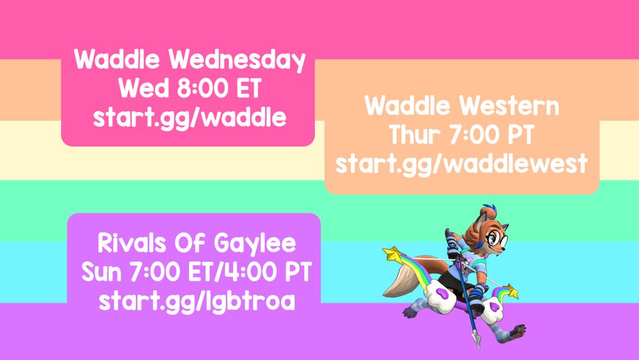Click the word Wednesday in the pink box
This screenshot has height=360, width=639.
pos(237,60)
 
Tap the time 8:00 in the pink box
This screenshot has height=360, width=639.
pos(203,88)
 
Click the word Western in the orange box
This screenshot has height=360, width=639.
pos(510,106)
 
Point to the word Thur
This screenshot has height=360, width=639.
pos(415,134)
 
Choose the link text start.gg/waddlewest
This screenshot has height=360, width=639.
pos(461,164)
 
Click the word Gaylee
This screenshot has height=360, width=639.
pos(255,244)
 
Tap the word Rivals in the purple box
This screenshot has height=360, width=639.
pos(132,243)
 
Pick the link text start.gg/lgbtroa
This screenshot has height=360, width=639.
pos(197,302)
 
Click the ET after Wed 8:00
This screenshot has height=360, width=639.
pos(249,88)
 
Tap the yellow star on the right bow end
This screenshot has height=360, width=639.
pos(512,292)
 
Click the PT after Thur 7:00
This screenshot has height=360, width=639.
pos(520,134)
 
